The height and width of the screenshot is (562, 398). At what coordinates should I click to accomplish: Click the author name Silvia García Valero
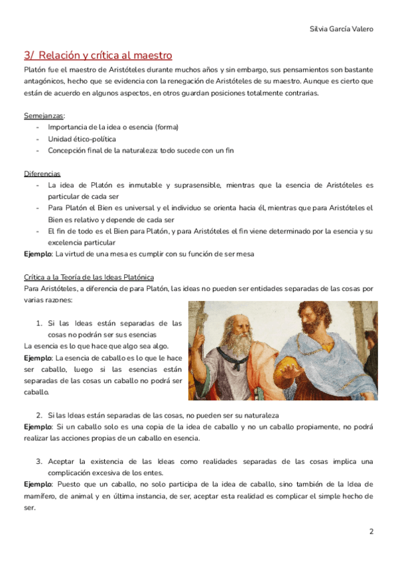(341, 29)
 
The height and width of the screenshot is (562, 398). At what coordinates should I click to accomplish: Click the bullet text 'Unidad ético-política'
(82, 139)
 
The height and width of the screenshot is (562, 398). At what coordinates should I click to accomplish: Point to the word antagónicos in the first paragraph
(46, 81)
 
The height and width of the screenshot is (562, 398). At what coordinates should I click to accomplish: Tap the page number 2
(371, 532)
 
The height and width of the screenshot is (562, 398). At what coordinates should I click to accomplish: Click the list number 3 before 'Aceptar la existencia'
(39, 461)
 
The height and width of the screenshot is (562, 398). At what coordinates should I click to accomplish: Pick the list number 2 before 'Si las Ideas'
(39, 415)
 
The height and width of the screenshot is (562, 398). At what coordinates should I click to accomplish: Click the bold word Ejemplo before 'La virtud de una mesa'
(37, 254)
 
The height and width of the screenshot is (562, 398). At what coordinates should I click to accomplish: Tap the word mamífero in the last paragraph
(40, 496)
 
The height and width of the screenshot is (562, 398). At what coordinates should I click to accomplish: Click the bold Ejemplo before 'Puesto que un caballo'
(37, 484)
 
